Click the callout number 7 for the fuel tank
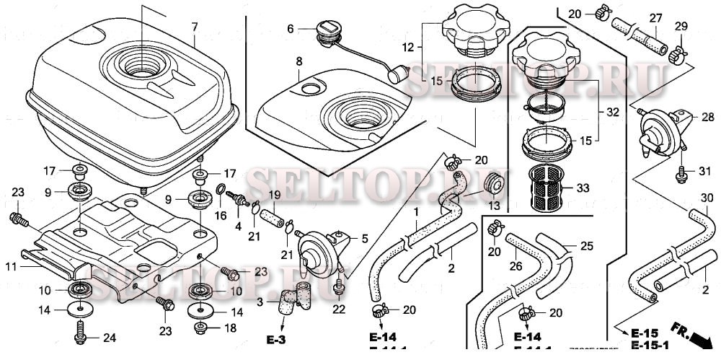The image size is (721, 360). click(x=194, y=27)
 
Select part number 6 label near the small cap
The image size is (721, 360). click(x=291, y=29)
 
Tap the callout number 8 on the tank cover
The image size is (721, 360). click(x=298, y=63)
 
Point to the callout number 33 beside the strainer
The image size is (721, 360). click(x=583, y=188)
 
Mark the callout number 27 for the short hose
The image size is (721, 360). click(x=655, y=18)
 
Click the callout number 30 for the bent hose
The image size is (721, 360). click(x=707, y=198)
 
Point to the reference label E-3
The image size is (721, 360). click(x=275, y=339)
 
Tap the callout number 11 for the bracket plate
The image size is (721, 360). click(x=11, y=266)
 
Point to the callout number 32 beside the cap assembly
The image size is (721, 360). click(x=612, y=113)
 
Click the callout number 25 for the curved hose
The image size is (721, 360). click(x=586, y=247)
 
